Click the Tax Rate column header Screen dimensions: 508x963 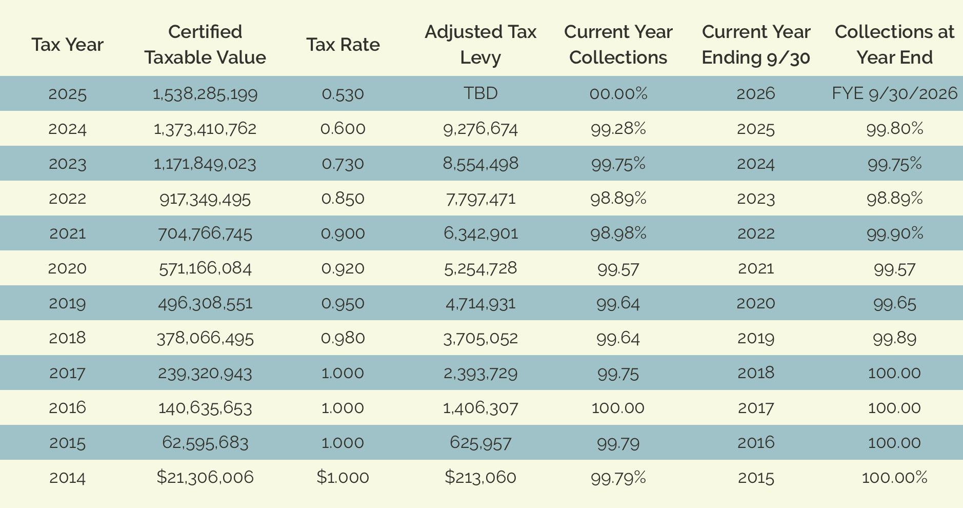[x=343, y=45]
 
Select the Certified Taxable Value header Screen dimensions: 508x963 [x=205, y=45]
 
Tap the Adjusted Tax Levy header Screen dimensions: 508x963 [x=480, y=45]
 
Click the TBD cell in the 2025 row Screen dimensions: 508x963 [x=480, y=93]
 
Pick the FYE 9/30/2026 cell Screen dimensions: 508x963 [x=894, y=93]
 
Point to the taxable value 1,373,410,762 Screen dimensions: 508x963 [x=205, y=128]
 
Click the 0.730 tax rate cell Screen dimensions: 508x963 [x=343, y=164]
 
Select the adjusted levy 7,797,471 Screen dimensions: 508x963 [x=480, y=199]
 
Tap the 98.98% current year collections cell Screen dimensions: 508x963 [x=618, y=233]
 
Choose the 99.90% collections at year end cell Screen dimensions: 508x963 [x=894, y=233]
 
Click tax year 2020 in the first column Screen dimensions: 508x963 [x=67, y=268]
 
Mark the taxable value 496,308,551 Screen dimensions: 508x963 [x=205, y=303]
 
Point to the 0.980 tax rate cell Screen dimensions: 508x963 [x=343, y=338]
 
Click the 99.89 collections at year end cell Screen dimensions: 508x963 [x=894, y=338]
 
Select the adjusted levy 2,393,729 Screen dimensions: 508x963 [x=480, y=373]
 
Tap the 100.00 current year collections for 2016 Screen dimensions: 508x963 [x=618, y=408]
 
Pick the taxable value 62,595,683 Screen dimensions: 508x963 [x=205, y=443]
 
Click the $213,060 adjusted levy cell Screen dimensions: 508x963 [x=480, y=478]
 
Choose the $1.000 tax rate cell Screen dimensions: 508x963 [x=343, y=478]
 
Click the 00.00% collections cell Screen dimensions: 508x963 [x=618, y=93]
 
